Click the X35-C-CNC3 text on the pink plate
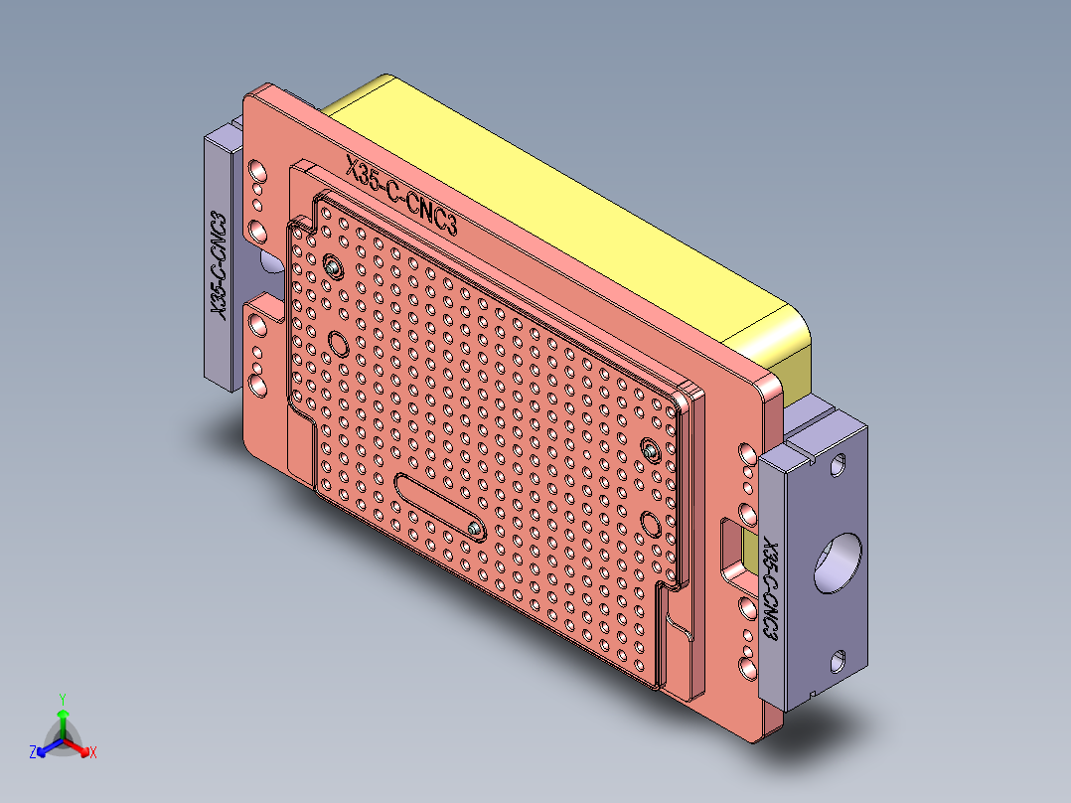(401, 197)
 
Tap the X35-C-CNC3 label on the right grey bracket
(769, 589)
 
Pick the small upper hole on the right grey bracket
(841, 463)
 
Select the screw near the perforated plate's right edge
(650, 450)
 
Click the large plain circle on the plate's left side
(338, 345)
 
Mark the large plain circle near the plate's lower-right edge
(652, 523)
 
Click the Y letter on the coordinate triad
(62, 698)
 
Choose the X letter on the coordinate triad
(93, 752)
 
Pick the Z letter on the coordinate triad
(33, 753)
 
